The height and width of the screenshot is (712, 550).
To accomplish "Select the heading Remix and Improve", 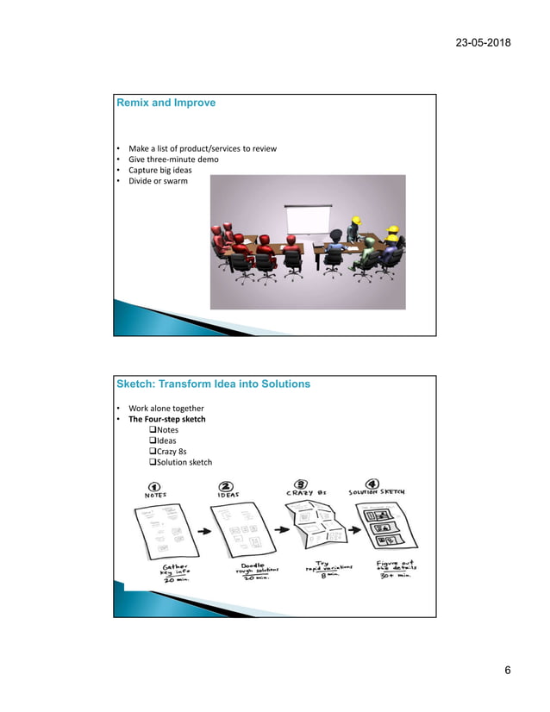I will click(x=166, y=103).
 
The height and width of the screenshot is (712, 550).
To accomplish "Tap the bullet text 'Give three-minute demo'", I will click(x=173, y=159).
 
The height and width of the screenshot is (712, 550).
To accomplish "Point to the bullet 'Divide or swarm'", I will click(x=158, y=181).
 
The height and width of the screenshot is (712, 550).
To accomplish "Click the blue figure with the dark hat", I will click(x=353, y=234).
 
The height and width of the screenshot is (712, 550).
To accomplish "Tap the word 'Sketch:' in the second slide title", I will click(x=137, y=384).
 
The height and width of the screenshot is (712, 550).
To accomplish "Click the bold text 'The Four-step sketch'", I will click(x=167, y=419).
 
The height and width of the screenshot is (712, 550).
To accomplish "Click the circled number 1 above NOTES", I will click(x=155, y=485).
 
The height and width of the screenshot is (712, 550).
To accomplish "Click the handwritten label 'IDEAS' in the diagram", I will click(x=229, y=495).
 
